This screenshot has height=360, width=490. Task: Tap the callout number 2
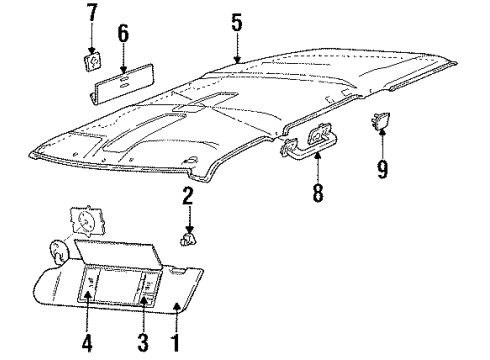pos(186,195)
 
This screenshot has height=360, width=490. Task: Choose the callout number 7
pos(92,13)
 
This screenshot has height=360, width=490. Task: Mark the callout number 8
pos(317,191)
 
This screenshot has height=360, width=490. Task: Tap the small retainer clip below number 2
pos(186,239)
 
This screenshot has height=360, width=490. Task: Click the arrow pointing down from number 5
pos(237,48)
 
